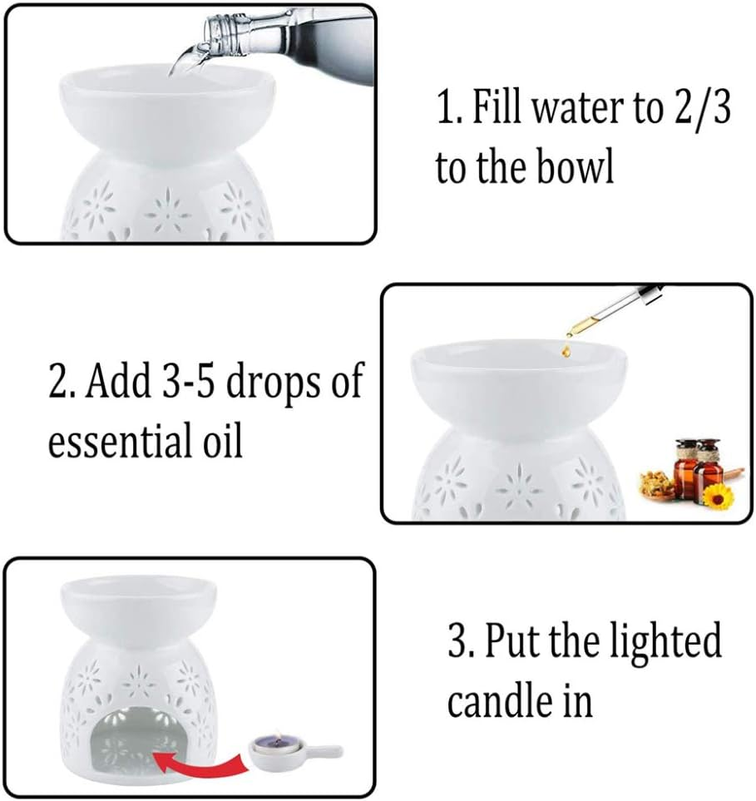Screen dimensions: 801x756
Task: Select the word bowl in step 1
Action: pyautogui.click(x=576, y=167)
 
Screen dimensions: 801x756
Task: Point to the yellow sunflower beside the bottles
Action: pyautogui.click(x=718, y=497)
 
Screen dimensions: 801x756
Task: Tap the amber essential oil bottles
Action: pyautogui.click(x=698, y=468)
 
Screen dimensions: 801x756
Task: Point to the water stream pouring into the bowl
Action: pyautogui.click(x=179, y=63)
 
